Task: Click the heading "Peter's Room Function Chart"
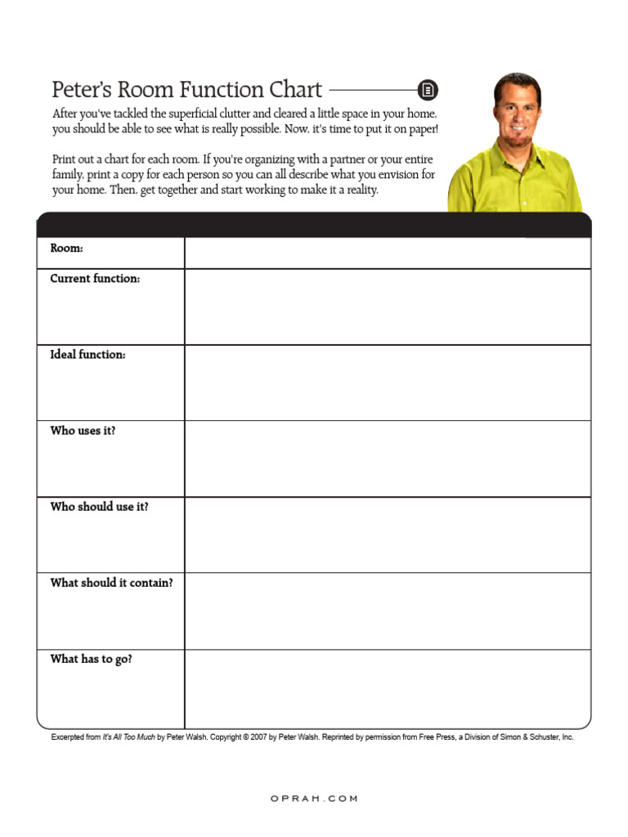187,89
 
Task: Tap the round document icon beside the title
428,90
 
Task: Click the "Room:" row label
67,248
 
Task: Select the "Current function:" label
95,279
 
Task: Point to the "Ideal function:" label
87,355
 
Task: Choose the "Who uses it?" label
83,431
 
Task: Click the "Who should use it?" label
99,507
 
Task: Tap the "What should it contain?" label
111,583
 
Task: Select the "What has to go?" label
91,659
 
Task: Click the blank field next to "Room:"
387,253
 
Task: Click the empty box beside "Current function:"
387,307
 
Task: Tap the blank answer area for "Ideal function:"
387,383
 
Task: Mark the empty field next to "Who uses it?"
387,459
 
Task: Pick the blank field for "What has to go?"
387,689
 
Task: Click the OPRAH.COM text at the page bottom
314,799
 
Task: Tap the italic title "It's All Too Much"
129,736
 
